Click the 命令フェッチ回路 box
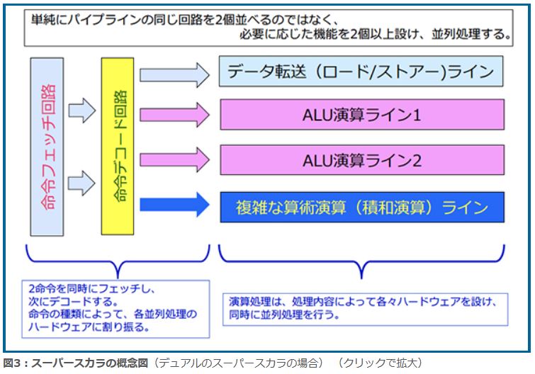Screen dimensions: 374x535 coord(47,147)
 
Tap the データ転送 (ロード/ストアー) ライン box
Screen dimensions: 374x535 coord(361,72)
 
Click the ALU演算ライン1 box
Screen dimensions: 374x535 coord(361,114)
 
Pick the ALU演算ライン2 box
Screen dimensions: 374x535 coord(361,160)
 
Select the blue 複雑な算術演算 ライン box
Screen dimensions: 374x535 coord(361,207)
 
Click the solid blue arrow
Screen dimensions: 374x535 coord(174,206)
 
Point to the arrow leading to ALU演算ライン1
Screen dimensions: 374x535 coord(174,113)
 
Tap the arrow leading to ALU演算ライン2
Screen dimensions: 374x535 coord(174,159)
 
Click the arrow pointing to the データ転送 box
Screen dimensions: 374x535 coord(174,72)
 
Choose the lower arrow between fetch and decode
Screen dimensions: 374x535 coord(82,183)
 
